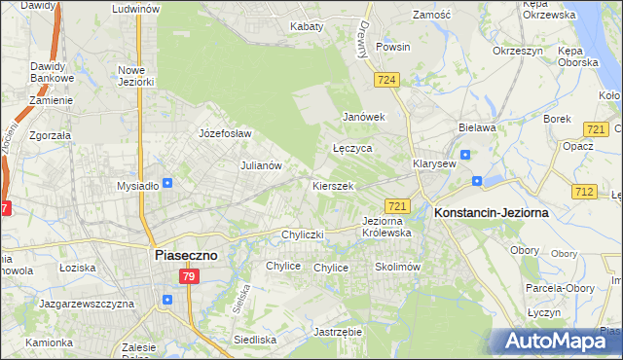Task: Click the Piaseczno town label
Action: [x=188, y=254]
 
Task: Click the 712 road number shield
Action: [x=584, y=192]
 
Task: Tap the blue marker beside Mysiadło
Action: [x=168, y=182]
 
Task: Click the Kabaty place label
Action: [x=307, y=26]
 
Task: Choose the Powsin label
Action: [x=393, y=47]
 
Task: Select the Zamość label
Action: [x=431, y=16]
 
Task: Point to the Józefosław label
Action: [x=225, y=133]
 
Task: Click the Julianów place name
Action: [x=261, y=165]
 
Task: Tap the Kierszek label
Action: [x=333, y=185]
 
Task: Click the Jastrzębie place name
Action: [x=339, y=332]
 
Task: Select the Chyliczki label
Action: [x=302, y=234]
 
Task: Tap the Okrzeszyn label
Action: [x=516, y=50]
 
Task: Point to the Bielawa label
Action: [x=477, y=127]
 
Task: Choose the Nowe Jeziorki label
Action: [x=136, y=76]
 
